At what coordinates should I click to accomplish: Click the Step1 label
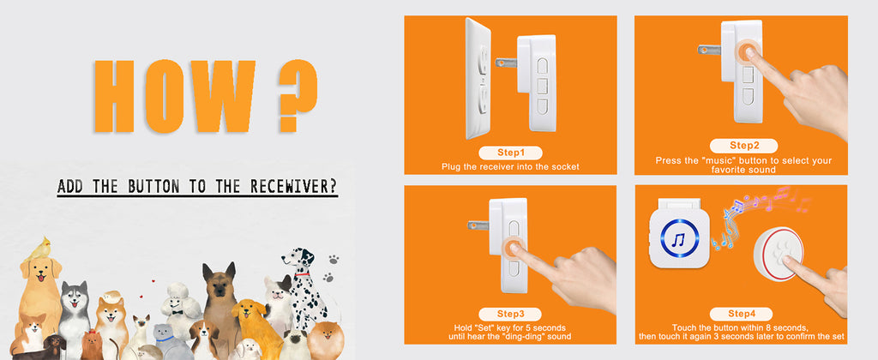[x=511, y=153]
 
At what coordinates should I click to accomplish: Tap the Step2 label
[x=743, y=146]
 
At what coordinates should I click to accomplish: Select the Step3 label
[x=510, y=314]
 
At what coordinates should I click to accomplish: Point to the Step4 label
[x=742, y=314]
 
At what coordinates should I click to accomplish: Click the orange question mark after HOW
[x=298, y=95]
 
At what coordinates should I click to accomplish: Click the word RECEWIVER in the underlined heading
[x=293, y=186]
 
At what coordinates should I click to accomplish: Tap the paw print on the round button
[x=779, y=253]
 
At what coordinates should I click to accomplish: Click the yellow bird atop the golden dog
[x=41, y=249]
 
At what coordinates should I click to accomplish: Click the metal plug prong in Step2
[x=709, y=50]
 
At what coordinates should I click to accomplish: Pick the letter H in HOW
[x=114, y=96]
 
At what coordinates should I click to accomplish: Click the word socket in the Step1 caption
[x=566, y=167]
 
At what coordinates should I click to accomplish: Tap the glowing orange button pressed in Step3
[x=513, y=248]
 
